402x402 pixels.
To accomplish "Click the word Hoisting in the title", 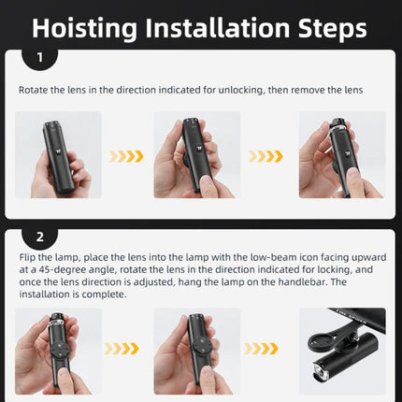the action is [84, 28].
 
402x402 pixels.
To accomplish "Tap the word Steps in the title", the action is [333, 28].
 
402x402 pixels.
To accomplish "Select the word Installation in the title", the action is [218, 28].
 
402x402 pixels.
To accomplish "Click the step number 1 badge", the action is [40, 58].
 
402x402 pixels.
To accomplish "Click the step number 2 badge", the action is [40, 237].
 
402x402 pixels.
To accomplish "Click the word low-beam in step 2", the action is [274, 257].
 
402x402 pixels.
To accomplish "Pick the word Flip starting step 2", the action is [27, 257].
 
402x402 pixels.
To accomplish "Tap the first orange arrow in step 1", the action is [126, 156].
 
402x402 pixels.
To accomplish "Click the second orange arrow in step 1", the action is [266, 156].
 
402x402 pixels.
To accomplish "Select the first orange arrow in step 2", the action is [122, 349].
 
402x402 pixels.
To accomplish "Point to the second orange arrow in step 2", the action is [261, 349].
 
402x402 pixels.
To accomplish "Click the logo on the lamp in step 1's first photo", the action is [58, 151].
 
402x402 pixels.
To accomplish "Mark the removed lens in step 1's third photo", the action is [337, 125].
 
